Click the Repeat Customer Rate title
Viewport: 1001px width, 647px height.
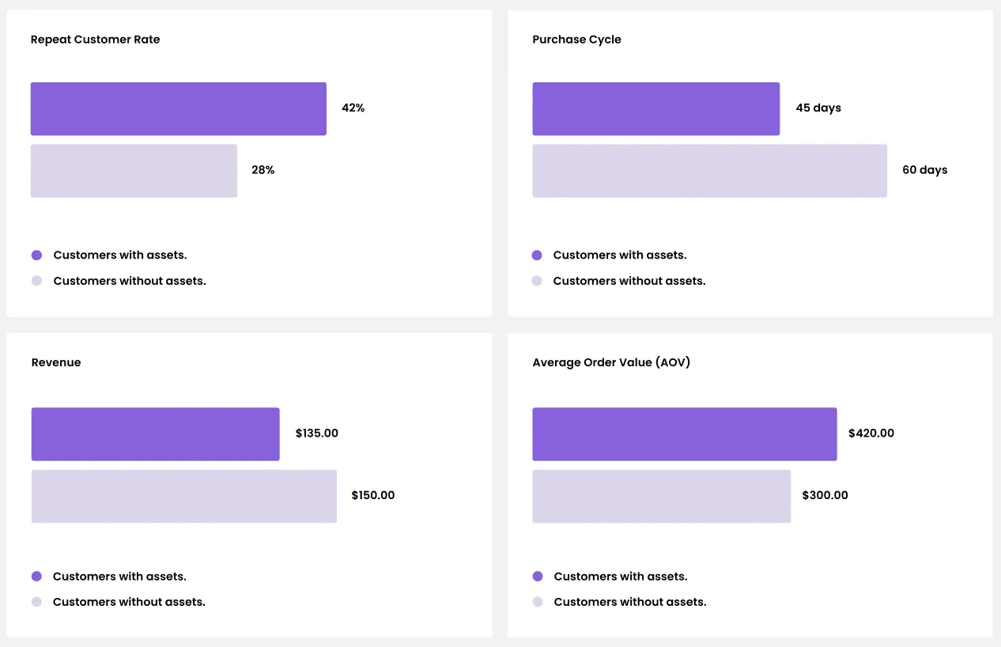coord(95,40)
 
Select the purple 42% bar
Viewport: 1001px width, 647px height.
coord(178,109)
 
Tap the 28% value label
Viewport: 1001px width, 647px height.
coord(263,170)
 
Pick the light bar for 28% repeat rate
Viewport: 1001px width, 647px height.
coord(134,171)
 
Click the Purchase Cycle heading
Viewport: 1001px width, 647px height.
coord(576,40)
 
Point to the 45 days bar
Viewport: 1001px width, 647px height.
coord(655,109)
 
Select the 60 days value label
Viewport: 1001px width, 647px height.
coord(924,170)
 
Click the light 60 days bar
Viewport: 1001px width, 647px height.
coord(709,171)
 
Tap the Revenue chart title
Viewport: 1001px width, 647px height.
coord(56,362)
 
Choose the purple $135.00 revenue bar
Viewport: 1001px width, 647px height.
coord(155,434)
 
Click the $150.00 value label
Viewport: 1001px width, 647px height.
coord(372,495)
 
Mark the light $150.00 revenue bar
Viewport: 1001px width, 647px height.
coord(183,496)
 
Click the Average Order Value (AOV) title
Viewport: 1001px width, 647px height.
coord(611,362)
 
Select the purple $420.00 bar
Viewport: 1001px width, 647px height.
coord(684,434)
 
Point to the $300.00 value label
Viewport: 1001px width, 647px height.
coord(825,495)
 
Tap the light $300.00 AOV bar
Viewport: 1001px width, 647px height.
coord(661,496)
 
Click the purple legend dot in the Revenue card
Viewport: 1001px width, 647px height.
coord(36,577)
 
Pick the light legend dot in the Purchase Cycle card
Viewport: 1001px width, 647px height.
coord(537,281)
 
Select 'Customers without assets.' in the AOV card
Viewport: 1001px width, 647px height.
coord(629,602)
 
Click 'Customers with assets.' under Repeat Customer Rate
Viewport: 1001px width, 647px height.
coord(120,255)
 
